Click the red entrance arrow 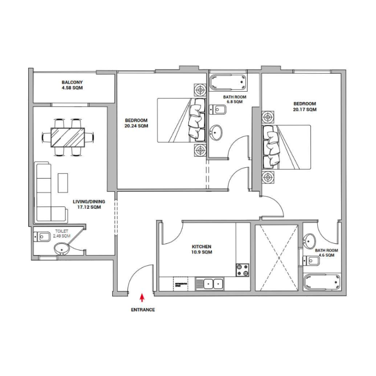pos(142,297)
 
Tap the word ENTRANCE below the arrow pos(142,310)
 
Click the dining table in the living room pos(68,137)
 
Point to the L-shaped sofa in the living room pos(47,197)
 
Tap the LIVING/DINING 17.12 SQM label pos(89,204)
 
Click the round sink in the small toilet pos(62,249)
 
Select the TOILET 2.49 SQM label pos(62,234)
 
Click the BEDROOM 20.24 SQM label pos(136,123)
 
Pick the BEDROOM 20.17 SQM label pos(305,107)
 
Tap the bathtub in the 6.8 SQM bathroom pos(228,83)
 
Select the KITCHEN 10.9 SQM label pos(202,249)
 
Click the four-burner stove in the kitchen pos(243,269)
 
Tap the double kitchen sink pos(210,283)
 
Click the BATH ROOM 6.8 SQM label pos(234,99)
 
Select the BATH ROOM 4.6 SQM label pos(324,253)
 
